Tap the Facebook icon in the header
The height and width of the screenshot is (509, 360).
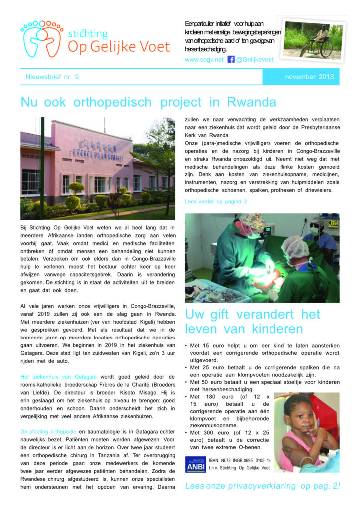tap(231, 59)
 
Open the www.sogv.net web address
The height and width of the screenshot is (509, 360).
tap(204, 60)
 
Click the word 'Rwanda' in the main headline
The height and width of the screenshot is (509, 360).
tap(251, 103)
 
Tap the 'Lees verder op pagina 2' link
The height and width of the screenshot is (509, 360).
tap(216, 201)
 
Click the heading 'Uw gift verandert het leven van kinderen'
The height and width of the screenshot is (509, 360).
tap(253, 322)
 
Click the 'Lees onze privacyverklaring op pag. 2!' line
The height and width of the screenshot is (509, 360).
tap(262, 486)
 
